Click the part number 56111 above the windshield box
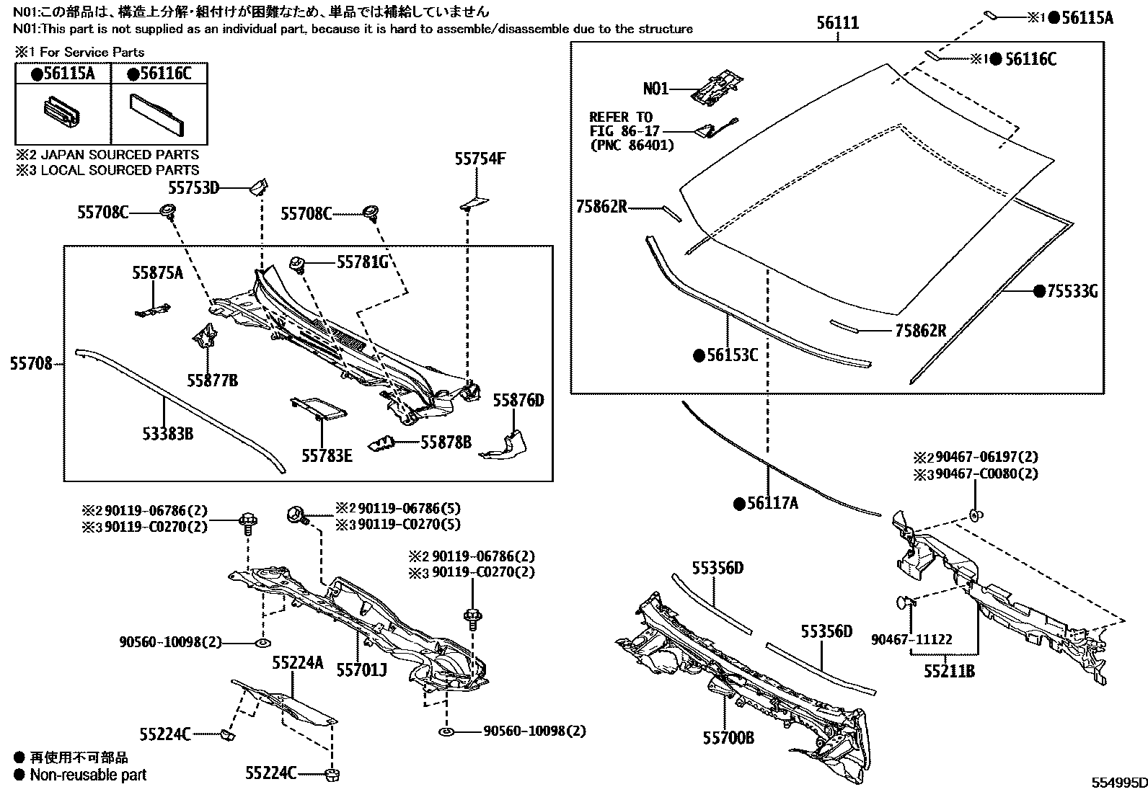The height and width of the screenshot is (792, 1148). coord(837,23)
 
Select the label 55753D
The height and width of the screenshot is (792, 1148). coord(193,188)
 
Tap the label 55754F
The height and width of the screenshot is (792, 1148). coord(480,159)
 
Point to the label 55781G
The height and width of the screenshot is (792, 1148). coord(363,262)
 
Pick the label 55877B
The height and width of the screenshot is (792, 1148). coord(212,380)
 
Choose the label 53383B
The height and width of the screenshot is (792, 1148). coord(167,434)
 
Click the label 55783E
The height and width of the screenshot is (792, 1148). coord(327,455)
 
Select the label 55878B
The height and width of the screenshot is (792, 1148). coord(446,442)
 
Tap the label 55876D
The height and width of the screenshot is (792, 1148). coord(518,401)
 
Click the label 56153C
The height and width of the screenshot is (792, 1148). coord(732,355)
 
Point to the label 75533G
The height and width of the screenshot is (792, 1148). coord(1072,291)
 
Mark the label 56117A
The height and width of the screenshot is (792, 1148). coord(772,504)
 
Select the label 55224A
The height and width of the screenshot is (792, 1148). coord(297,662)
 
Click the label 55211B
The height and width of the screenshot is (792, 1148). coord(949,671)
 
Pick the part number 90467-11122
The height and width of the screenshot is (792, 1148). coord(911,639)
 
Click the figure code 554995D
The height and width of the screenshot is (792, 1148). coord(1118,783)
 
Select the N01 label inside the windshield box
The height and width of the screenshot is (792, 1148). coord(655,89)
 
